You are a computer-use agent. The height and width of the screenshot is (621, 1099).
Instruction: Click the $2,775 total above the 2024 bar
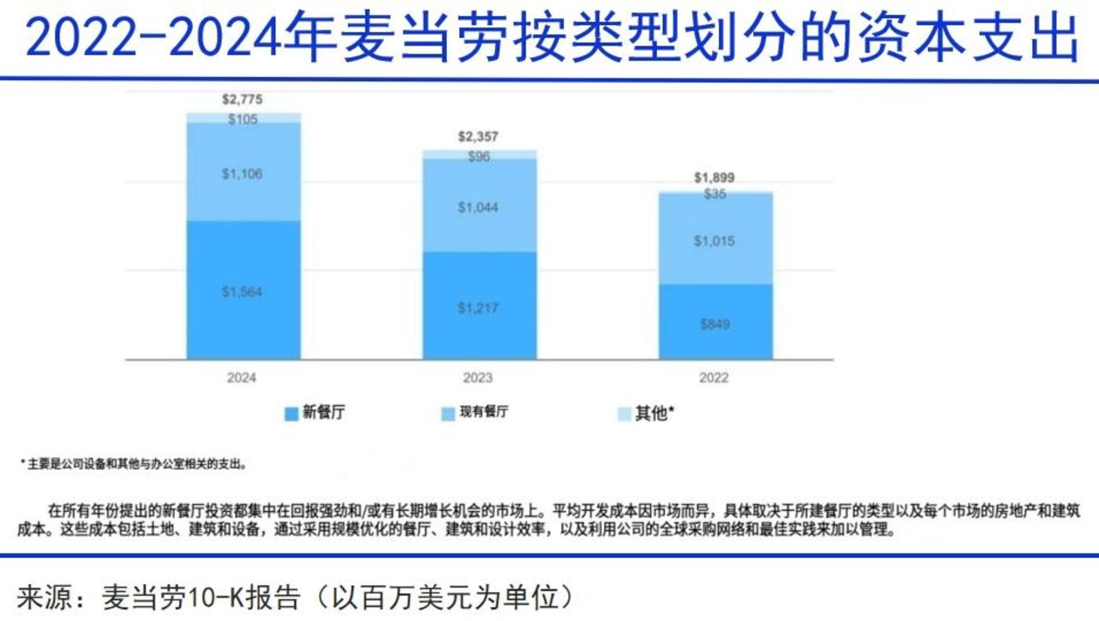coord(242,100)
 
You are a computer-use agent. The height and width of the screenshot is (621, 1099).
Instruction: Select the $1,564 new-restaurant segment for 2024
coord(242,292)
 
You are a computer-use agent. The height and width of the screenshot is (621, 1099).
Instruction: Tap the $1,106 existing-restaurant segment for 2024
coord(242,174)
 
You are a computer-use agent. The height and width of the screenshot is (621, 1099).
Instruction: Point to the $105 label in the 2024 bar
coord(242,119)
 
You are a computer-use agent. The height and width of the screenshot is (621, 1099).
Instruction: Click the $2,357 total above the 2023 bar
coord(478,137)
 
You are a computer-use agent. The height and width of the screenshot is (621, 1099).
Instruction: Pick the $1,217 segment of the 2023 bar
coord(478,308)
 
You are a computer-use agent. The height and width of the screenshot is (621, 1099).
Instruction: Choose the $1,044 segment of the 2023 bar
coord(478,207)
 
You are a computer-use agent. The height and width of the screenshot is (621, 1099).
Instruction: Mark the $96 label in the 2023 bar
coord(478,156)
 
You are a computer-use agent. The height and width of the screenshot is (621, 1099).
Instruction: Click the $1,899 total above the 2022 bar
coord(714,178)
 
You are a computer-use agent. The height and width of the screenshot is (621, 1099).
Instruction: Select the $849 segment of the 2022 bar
coord(714,323)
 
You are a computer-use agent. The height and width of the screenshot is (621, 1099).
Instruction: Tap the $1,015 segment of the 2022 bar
coord(714,241)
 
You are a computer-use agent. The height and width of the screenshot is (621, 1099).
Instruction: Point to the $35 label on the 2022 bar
coord(715,194)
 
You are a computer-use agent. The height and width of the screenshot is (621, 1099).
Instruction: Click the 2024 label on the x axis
coord(242,378)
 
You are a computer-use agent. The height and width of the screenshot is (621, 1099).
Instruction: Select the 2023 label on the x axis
coord(478,378)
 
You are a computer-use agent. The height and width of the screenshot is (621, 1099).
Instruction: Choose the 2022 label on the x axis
coord(714,378)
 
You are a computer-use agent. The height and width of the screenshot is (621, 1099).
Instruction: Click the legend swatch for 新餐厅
coord(291,414)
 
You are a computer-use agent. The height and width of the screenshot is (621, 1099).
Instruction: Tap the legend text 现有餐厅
coord(484,412)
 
